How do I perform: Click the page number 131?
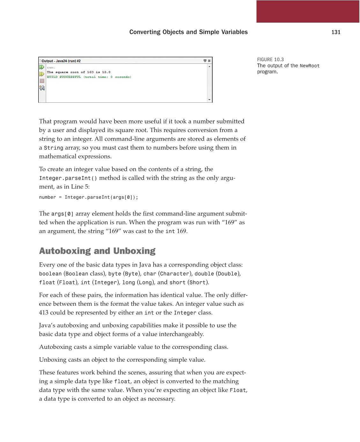click(336, 32)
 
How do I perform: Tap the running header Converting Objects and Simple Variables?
click(188, 32)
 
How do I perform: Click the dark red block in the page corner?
click(308, 11)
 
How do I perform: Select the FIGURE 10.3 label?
click(270, 60)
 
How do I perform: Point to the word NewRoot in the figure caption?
click(309, 66)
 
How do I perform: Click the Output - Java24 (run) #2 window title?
click(61, 61)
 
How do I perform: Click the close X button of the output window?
click(209, 61)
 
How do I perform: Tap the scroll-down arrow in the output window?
click(209, 100)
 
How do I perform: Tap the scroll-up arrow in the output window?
click(209, 66)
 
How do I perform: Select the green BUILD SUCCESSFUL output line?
click(89, 77)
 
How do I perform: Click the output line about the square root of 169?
click(78, 72)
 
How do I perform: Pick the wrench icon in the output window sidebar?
click(42, 88)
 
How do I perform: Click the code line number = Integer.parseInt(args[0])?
click(89, 197)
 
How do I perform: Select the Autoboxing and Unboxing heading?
click(97, 251)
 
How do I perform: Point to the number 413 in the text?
click(44, 313)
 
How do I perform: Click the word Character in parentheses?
click(174, 274)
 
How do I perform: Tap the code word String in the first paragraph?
click(54, 148)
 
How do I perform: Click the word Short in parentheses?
click(197, 283)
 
